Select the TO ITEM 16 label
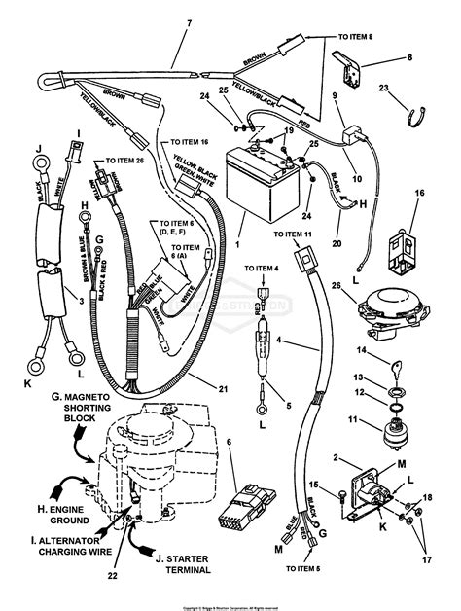pos(185,141)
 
